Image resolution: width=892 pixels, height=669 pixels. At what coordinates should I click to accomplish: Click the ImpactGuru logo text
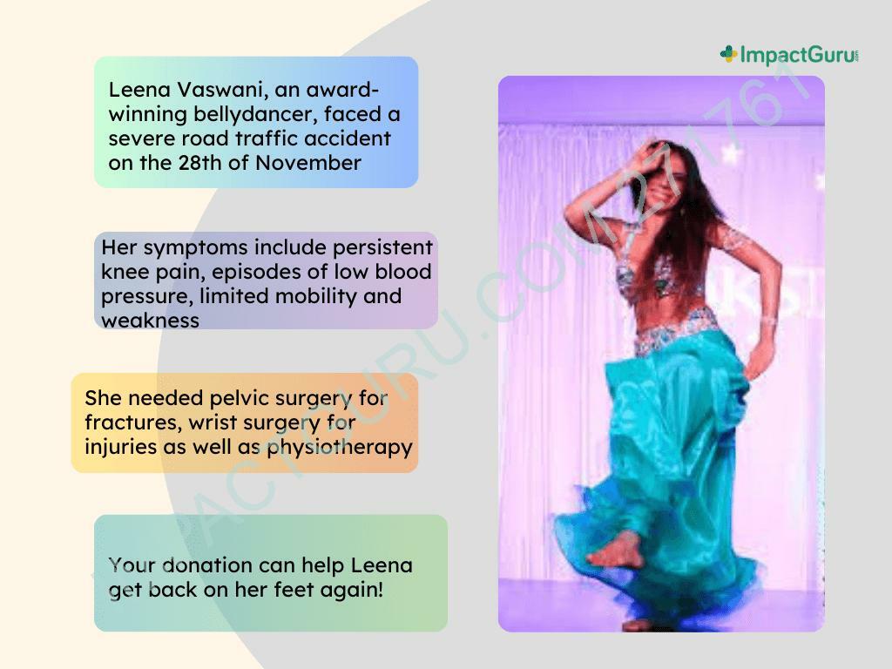pos(800,55)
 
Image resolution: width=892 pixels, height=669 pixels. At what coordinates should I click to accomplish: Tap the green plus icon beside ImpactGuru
pos(728,54)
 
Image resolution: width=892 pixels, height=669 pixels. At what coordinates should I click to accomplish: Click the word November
pos(308,163)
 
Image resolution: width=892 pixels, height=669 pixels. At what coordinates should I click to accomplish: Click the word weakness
pos(150,321)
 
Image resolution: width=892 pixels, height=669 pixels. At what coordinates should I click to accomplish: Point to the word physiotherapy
pos(340,447)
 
